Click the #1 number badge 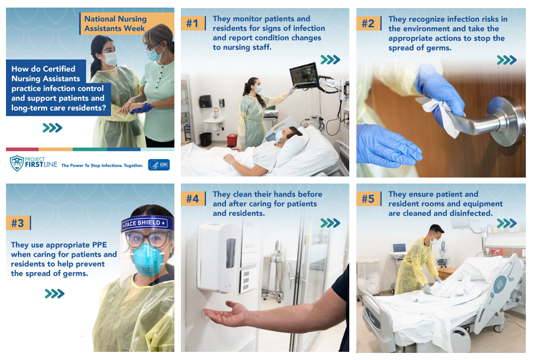click(x=193, y=23)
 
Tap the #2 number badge click(x=368, y=23)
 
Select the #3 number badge click(x=18, y=223)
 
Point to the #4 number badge click(x=193, y=199)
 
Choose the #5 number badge click(x=368, y=199)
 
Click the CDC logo click(x=159, y=165)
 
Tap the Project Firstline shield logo click(x=17, y=163)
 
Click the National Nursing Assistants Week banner click(x=115, y=23)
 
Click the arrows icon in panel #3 click(x=54, y=294)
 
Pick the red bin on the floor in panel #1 click(x=232, y=140)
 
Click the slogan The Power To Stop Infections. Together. click(x=102, y=165)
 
